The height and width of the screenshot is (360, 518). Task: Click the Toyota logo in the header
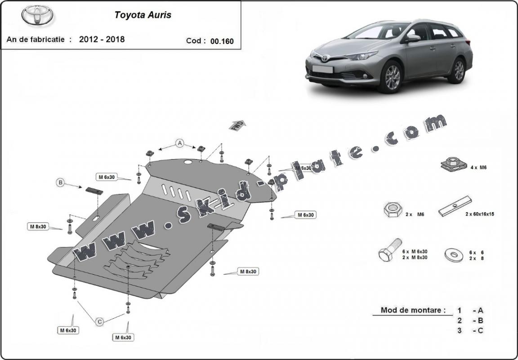click(x=37, y=15)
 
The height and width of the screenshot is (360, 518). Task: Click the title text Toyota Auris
click(x=143, y=15)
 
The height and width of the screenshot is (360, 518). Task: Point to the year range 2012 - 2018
click(x=102, y=39)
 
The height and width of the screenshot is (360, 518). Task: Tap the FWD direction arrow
click(x=238, y=125)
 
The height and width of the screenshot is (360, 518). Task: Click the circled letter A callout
click(x=180, y=143)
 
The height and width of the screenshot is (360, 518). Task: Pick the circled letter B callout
click(x=61, y=182)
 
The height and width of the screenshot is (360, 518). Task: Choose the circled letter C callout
click(x=100, y=321)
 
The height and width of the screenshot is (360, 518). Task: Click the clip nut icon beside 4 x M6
click(x=451, y=164)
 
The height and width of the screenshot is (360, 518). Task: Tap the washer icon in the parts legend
click(x=454, y=254)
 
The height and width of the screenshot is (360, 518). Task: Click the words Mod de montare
click(x=413, y=310)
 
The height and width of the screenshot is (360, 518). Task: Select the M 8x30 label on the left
click(x=38, y=227)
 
